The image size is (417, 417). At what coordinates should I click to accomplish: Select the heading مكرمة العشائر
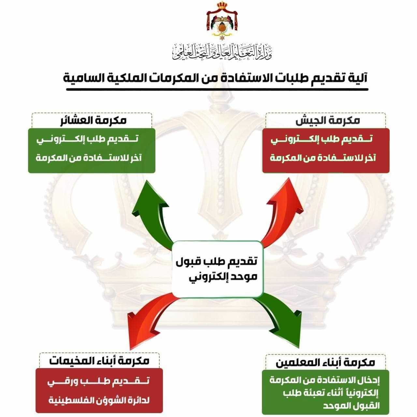(x=93, y=121)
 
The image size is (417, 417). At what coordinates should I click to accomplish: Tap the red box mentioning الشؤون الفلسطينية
(x=99, y=390)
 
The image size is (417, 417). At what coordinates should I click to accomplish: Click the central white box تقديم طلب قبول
(x=217, y=269)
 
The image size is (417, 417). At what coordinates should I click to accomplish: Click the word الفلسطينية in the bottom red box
(x=70, y=400)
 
